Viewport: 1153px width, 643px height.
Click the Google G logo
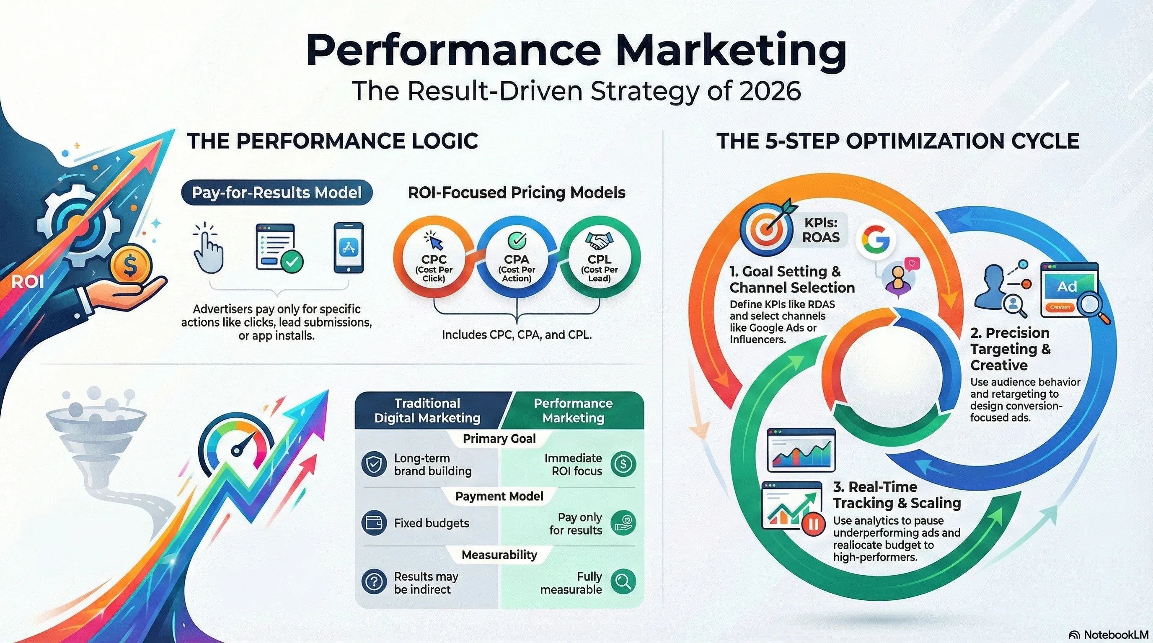[876, 240]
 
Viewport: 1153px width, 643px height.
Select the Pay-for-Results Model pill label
[277, 193]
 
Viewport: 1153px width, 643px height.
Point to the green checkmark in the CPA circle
[517, 240]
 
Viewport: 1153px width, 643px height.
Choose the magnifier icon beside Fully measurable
[623, 581]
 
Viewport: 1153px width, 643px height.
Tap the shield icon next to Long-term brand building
[374, 464]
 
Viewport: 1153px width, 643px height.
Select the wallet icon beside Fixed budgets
[374, 523]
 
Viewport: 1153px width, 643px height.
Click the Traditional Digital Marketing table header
[427, 411]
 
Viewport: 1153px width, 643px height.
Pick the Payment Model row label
[499, 496]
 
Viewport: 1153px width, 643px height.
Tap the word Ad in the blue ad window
[1067, 287]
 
